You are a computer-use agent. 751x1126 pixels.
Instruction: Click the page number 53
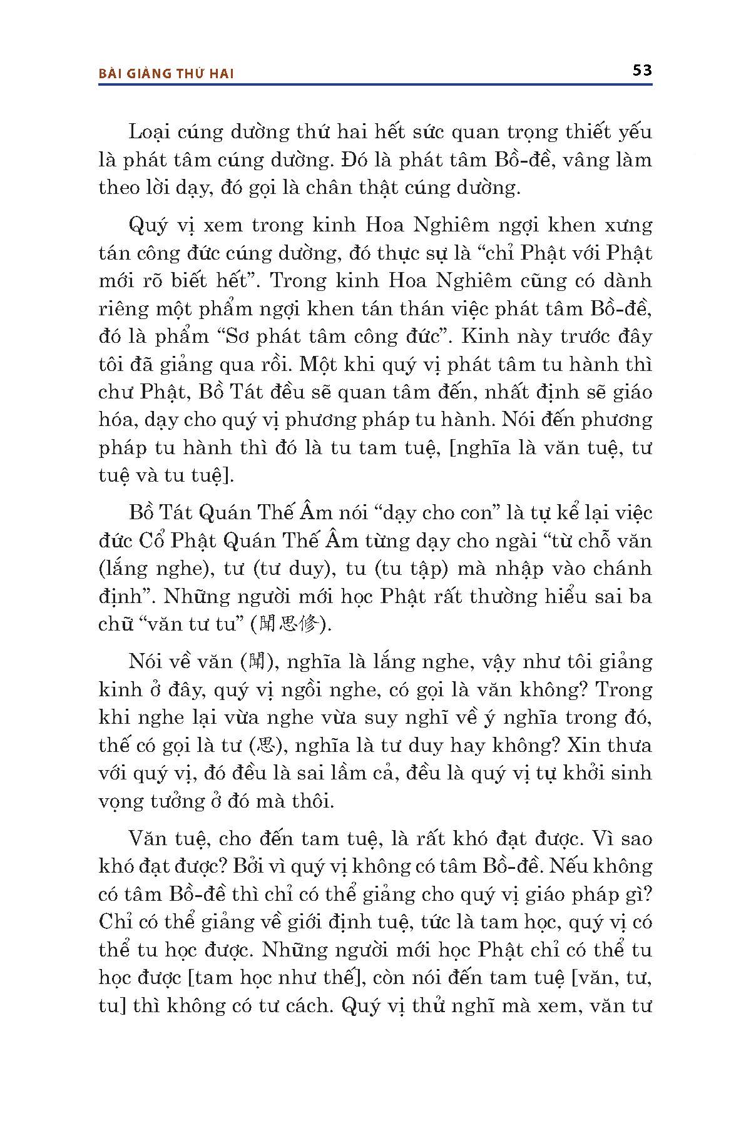(642, 70)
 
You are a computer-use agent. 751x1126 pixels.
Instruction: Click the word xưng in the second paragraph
(628, 226)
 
